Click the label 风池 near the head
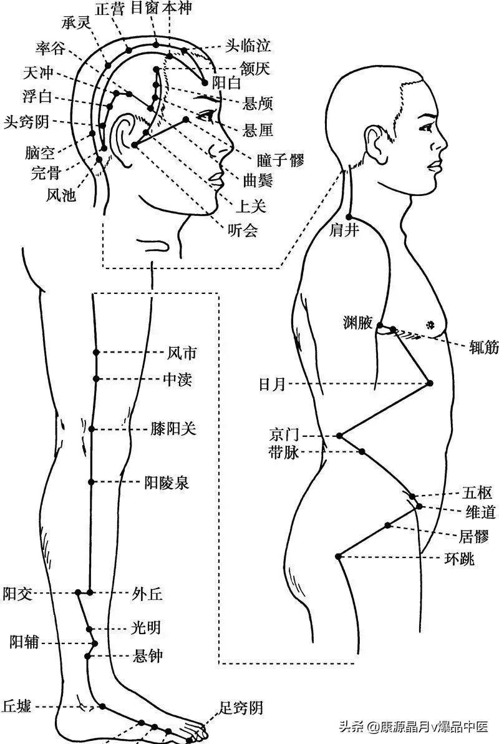click(61, 195)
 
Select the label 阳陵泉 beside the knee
click(167, 482)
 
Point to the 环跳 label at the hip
click(459, 557)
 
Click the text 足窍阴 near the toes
click(241, 708)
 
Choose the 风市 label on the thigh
click(183, 354)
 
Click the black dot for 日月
click(430, 383)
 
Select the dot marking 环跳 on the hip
click(339, 556)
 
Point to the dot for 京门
click(339, 435)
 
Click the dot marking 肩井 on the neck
click(349, 217)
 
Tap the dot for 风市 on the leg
click(97, 353)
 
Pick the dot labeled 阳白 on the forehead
click(205, 82)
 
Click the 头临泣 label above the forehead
click(248, 46)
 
